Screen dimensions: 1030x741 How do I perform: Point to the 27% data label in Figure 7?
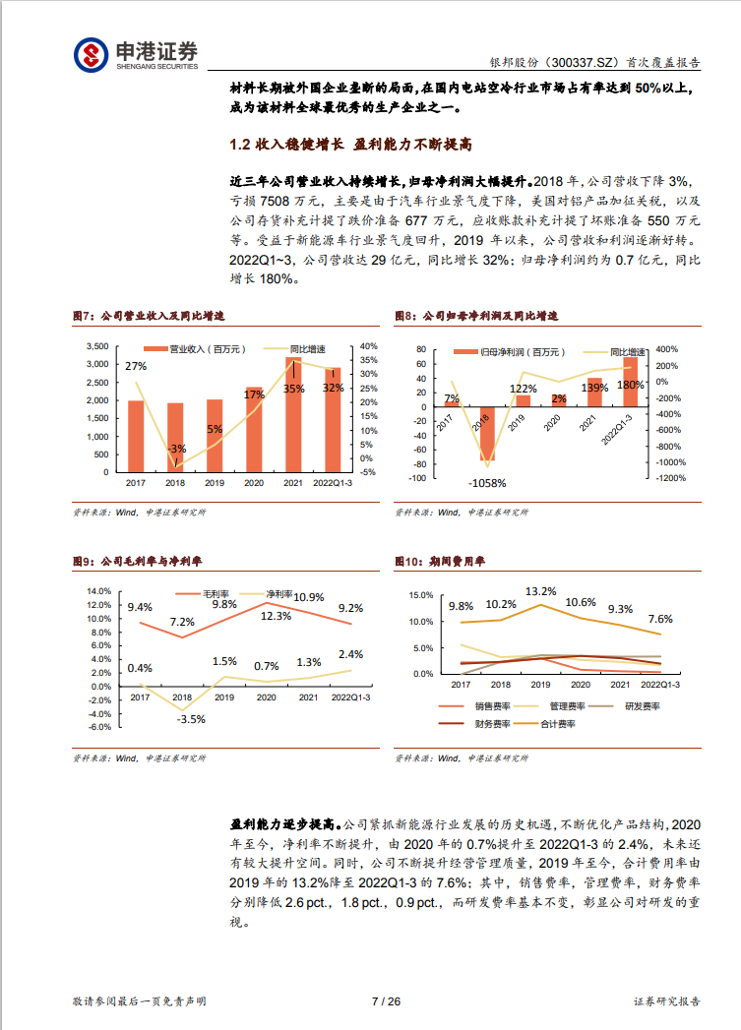click(136, 366)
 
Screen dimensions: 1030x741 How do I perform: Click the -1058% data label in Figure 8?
click(487, 483)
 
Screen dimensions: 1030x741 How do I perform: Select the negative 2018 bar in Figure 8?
click(487, 432)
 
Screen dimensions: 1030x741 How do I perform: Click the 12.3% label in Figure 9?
click(276, 616)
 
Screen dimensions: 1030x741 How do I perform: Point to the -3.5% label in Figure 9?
click(191, 719)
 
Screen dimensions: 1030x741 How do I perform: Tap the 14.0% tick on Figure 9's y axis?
click(99, 590)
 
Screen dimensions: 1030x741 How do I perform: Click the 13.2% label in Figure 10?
click(540, 591)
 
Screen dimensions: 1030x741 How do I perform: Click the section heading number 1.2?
click(240, 145)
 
